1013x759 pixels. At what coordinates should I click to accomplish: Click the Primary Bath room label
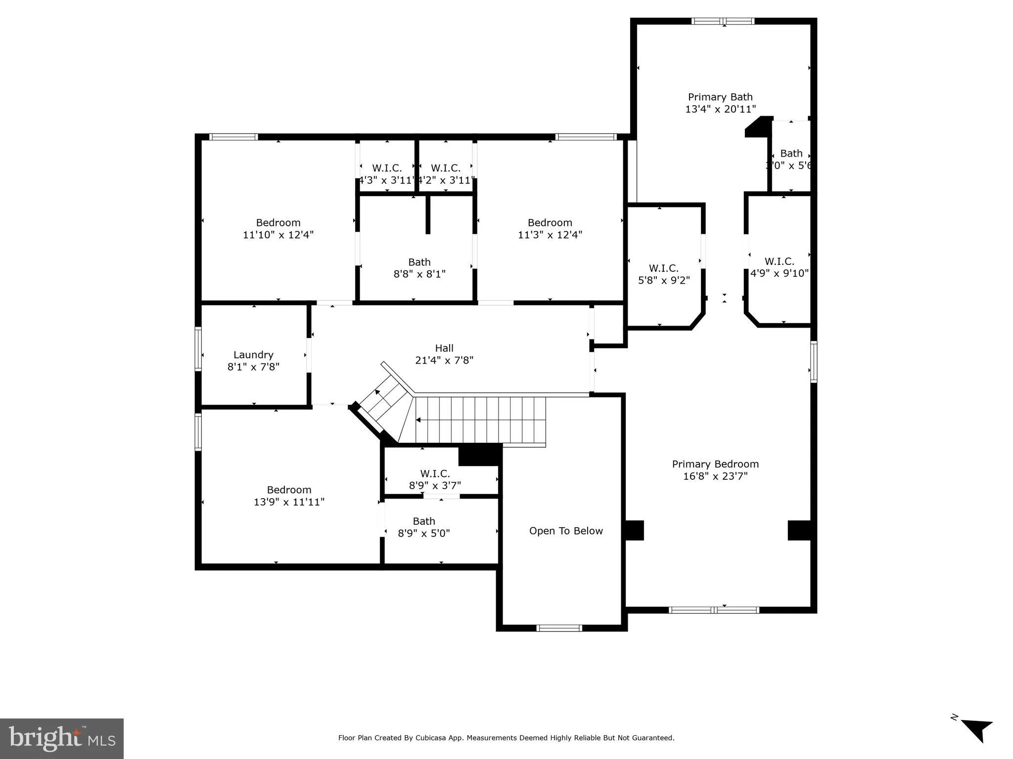720,97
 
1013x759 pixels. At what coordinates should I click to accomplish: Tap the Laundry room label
253,355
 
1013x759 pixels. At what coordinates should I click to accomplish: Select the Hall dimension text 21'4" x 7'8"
444,360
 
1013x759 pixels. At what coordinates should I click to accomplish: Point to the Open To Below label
566,531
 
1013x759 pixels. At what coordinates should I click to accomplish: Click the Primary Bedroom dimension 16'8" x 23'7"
715,476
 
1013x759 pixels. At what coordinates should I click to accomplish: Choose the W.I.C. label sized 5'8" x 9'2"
663,268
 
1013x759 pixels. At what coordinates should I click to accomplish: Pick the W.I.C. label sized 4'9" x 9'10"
779,261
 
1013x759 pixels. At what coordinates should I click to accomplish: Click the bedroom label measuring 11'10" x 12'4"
278,223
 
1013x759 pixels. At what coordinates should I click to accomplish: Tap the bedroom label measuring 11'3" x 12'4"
550,223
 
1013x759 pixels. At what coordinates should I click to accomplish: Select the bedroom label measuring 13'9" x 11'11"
289,490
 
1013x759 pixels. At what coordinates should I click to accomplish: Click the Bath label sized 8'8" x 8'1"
419,262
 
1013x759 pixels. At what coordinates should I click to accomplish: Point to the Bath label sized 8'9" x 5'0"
424,521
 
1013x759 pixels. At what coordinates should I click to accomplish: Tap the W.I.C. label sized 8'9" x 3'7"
435,474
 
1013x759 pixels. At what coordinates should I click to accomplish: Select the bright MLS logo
61,738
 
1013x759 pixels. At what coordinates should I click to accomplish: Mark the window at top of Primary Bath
723,21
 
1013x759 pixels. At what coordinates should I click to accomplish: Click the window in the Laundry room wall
198,348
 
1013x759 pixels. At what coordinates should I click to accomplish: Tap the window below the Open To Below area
559,628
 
